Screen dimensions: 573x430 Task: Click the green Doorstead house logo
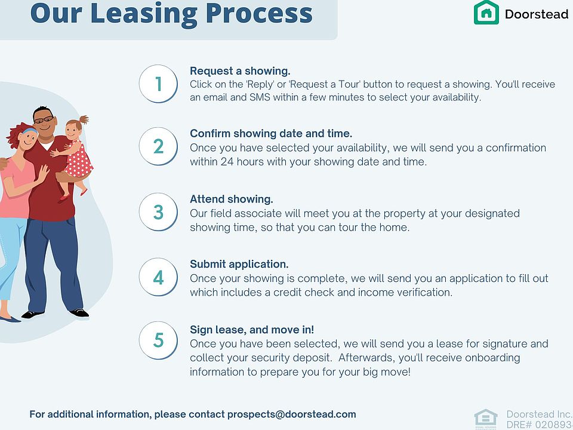486,12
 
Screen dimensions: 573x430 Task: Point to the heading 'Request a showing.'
240,71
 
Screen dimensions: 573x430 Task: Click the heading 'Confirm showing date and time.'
271,133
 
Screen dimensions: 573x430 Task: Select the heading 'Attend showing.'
232,199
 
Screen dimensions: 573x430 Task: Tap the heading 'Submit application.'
239,265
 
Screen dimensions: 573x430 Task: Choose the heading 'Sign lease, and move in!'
252,330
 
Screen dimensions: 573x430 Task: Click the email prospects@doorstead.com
292,414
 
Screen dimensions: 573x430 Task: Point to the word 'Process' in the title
259,13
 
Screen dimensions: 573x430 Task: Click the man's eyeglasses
44,119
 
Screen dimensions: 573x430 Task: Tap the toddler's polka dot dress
79,160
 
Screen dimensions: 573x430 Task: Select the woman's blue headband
29,131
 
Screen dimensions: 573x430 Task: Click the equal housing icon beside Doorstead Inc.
486,419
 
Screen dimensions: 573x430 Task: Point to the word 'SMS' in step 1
260,97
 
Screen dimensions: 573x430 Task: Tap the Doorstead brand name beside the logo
537,14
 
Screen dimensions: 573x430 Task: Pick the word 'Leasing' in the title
144,14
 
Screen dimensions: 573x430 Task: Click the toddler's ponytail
84,119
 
